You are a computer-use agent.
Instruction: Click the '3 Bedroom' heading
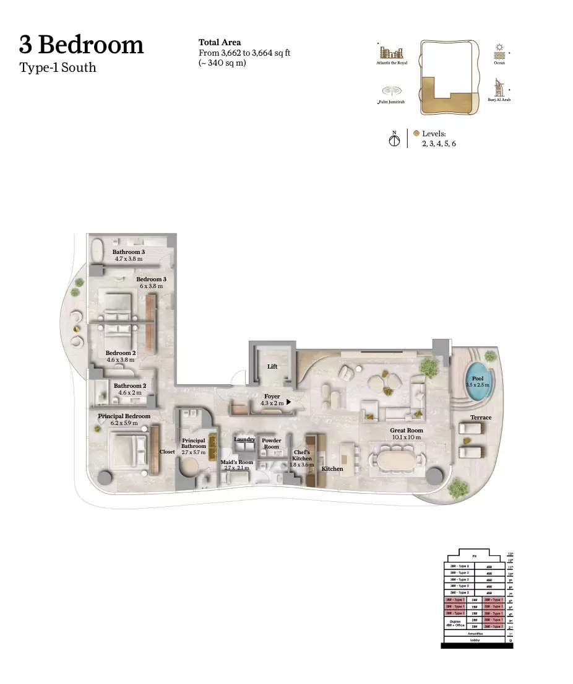pos(81,45)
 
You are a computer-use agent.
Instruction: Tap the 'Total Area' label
pos(220,42)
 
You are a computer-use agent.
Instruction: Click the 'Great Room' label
pos(406,430)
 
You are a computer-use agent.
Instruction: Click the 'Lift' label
pos(272,367)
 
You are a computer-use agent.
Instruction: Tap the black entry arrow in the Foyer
pos(288,402)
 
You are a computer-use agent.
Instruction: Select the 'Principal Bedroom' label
pos(124,416)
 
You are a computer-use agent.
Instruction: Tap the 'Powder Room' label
pos(271,443)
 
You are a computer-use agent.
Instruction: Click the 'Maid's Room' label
pos(237,462)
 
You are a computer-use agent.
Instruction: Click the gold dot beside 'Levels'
pos(416,133)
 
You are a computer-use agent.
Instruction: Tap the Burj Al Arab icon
pos(499,87)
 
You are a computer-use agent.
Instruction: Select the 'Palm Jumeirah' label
pos(391,102)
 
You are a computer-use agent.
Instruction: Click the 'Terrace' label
pos(481,418)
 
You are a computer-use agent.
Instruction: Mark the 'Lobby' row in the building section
pos(475,640)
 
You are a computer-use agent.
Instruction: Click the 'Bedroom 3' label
pos(151,279)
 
